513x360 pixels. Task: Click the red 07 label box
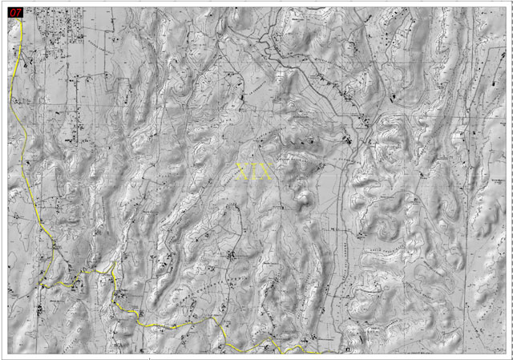[x=14, y=12]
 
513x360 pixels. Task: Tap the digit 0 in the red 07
[x=12, y=12]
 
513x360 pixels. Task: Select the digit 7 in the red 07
[x=18, y=12]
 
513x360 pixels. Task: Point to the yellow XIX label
[x=255, y=171]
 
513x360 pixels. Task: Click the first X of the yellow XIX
[x=244, y=171]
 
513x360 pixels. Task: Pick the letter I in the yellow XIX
[x=255, y=171]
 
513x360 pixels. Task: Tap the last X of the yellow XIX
[x=266, y=171]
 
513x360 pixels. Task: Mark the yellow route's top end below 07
[x=19, y=20]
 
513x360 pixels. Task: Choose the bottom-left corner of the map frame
[x=8, y=353]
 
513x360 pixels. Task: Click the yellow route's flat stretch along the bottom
[x=176, y=324]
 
